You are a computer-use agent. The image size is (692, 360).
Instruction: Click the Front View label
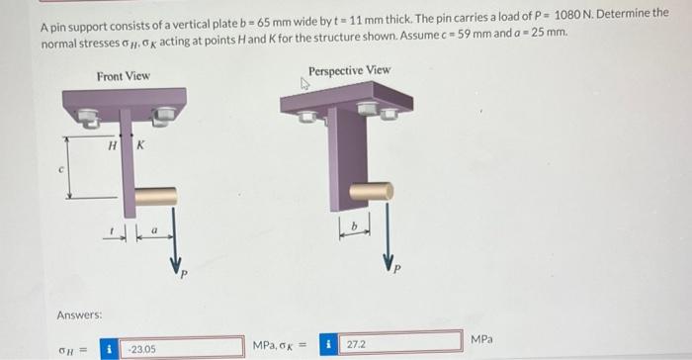point(124,76)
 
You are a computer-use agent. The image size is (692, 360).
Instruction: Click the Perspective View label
point(349,70)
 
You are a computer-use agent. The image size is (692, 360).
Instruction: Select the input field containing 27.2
point(400,344)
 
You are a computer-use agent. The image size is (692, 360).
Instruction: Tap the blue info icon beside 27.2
point(328,344)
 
